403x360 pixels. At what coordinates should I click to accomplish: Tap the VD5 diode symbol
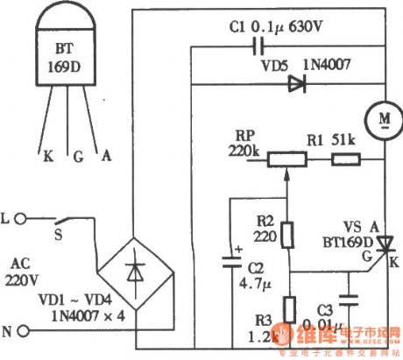point(294,84)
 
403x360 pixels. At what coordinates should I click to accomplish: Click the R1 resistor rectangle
point(345,159)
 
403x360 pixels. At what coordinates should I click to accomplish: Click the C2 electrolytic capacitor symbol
point(230,261)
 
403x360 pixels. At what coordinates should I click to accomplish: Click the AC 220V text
point(27,272)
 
